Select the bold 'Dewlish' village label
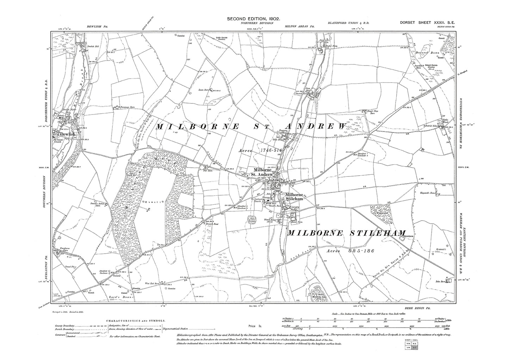(x=67, y=134)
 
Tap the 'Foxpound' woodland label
(x=381, y=212)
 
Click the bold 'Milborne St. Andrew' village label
(x=265, y=172)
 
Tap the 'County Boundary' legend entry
(x=64, y=326)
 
